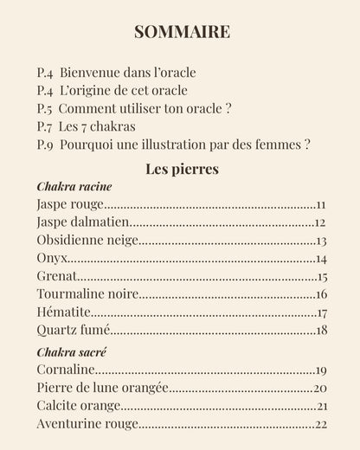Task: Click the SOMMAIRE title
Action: coord(182,32)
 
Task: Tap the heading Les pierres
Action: coord(182,168)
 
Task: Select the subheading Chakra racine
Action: coord(74,187)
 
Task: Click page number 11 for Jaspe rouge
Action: coord(320,205)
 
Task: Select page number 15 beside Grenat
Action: coord(321,278)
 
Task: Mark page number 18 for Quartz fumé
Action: coord(321,331)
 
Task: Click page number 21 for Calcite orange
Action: coord(321,406)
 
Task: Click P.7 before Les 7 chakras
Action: coord(48,126)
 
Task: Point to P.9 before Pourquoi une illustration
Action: coord(48,145)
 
